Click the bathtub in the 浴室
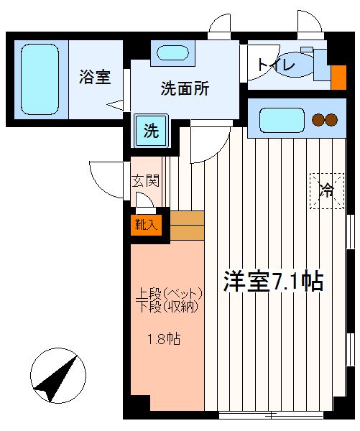(40, 80)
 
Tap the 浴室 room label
(95, 77)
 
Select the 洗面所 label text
(185, 88)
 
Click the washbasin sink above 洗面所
(172, 52)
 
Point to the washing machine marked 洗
(151, 131)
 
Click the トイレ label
(276, 65)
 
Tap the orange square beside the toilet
(338, 78)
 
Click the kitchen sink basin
(282, 120)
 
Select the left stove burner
(318, 120)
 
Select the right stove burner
(331, 120)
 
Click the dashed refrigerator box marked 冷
(327, 191)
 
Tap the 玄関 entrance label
(145, 181)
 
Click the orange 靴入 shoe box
(146, 225)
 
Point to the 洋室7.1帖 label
(273, 281)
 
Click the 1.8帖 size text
(164, 339)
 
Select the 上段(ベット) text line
(169, 294)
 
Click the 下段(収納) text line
(167, 306)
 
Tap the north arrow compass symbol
(58, 376)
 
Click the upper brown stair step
(188, 218)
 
